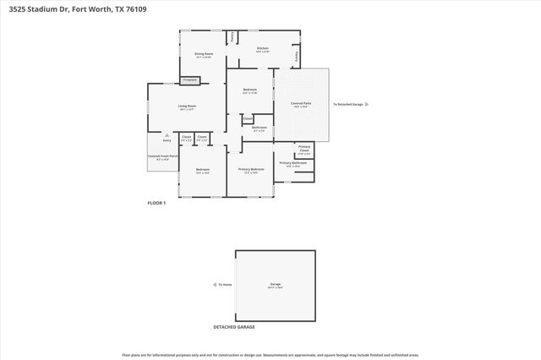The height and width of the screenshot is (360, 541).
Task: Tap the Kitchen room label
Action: click(263, 48)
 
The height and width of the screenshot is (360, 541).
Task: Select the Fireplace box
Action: click(190, 80)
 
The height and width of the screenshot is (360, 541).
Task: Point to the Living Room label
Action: click(187, 106)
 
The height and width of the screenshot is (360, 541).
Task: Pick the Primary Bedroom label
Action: click(251, 169)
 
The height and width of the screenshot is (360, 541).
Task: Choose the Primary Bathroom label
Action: click(292, 162)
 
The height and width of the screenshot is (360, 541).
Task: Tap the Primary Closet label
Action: click(304, 150)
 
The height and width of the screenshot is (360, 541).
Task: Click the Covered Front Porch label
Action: click(163, 156)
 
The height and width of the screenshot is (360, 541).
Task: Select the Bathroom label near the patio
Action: click(260, 128)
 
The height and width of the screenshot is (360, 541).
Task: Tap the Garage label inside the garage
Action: click(276, 284)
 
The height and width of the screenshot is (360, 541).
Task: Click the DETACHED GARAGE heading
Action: click(234, 326)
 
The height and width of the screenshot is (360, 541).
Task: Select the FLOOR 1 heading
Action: click(156, 204)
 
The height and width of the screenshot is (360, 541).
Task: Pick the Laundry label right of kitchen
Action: click(296, 56)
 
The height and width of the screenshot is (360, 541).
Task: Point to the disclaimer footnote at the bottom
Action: click(270, 355)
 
